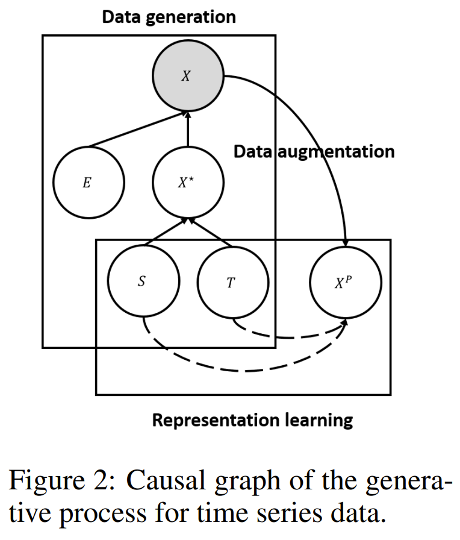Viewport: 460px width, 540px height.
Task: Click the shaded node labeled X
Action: (187, 77)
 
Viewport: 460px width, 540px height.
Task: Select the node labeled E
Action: (88, 182)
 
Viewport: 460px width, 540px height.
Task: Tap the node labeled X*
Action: (187, 182)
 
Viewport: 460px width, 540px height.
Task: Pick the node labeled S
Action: (143, 281)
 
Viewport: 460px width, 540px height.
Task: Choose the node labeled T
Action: (232, 281)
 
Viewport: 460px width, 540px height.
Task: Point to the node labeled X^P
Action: (345, 281)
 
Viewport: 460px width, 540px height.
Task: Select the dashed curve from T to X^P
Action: (289, 336)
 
